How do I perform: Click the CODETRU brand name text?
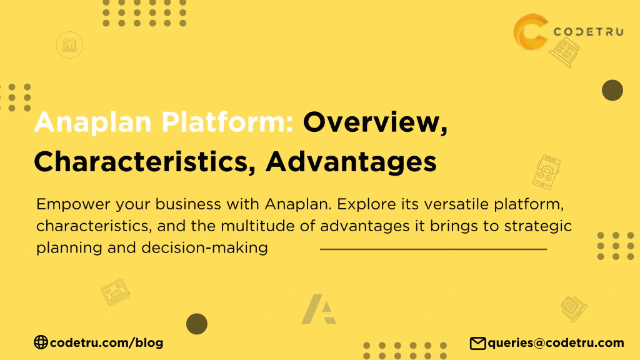click(x=588, y=32)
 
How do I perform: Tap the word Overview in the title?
click(x=375, y=122)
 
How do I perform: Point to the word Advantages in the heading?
click(x=351, y=161)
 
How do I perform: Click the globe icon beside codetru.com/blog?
click(x=41, y=342)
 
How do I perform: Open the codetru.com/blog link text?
click(x=106, y=342)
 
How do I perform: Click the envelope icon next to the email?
click(x=477, y=342)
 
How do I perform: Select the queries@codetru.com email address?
click(x=556, y=342)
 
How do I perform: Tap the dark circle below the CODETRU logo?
click(x=612, y=91)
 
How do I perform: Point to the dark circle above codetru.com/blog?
click(x=196, y=324)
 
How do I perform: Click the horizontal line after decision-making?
click(x=433, y=249)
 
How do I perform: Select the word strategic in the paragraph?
click(x=543, y=226)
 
